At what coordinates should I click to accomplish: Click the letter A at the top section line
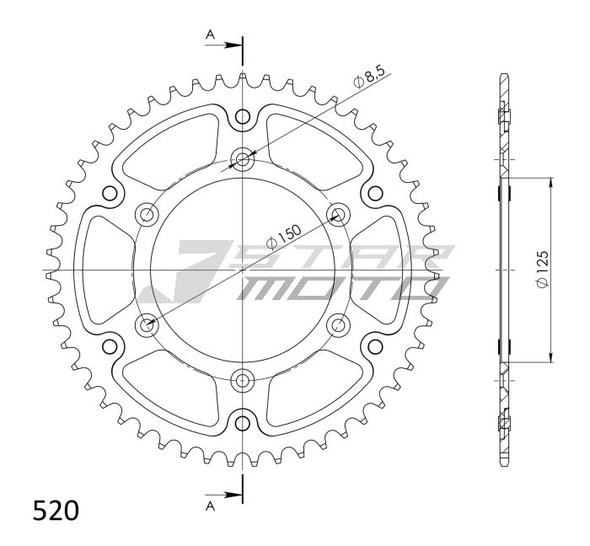point(210,35)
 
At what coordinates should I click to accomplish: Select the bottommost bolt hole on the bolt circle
point(243,380)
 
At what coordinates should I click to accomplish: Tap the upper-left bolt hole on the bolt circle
point(147,214)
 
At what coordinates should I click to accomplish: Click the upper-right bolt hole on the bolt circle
point(339,214)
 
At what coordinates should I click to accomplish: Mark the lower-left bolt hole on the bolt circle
point(147,324)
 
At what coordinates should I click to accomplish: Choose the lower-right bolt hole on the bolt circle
point(339,324)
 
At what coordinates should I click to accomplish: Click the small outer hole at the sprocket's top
point(243,116)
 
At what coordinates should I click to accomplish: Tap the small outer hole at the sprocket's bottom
point(243,422)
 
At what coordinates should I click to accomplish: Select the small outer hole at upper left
point(110,193)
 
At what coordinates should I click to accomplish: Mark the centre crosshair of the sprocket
point(243,270)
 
